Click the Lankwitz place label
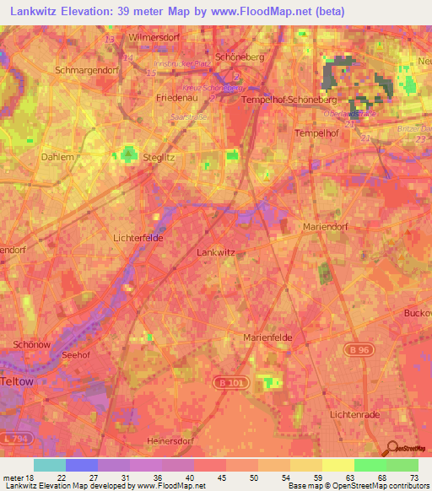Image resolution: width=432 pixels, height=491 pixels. [214, 252]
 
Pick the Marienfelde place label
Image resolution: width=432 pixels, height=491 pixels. [267, 337]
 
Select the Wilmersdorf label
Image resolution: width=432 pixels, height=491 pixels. [157, 38]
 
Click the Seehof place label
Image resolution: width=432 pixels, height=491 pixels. [75, 355]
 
